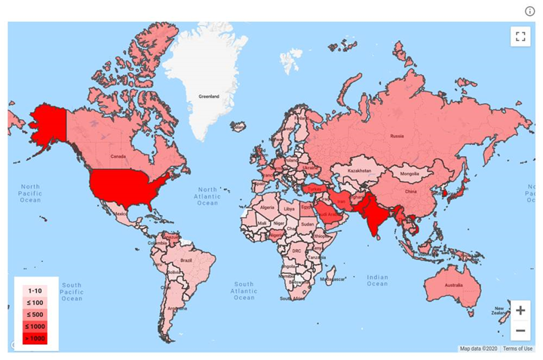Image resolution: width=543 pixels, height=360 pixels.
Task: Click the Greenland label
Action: [208, 97]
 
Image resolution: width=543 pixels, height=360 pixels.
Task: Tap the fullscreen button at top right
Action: [520, 36]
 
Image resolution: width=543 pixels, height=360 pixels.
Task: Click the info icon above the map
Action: [529, 11]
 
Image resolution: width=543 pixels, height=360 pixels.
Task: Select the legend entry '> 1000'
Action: [35, 338]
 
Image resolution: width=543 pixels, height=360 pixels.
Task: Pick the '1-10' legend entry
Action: [35, 291]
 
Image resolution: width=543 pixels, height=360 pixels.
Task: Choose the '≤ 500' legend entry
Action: [35, 314]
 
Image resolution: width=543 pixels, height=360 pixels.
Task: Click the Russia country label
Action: [397, 136]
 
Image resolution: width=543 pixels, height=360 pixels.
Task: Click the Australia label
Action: [453, 285]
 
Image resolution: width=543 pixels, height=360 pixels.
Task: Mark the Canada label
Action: [118, 156]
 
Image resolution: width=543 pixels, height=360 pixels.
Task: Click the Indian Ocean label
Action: [377, 280]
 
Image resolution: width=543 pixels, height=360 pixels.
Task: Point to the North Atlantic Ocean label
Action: [207, 196]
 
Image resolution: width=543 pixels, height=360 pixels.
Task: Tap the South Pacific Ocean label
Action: [72, 292]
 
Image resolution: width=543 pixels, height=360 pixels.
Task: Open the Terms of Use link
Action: [518, 348]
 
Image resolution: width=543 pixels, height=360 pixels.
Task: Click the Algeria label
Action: [267, 207]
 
